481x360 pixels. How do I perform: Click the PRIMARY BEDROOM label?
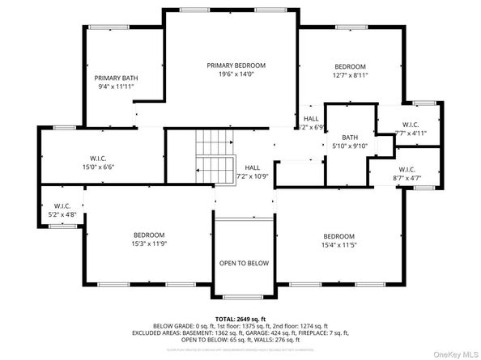[236, 66]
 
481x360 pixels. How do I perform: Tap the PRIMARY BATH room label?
[113, 78]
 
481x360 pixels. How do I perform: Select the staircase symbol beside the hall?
[215, 156]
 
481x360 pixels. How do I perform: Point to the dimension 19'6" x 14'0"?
[236, 74]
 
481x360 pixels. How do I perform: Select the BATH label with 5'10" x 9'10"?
[350, 138]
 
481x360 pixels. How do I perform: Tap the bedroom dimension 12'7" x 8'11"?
[350, 75]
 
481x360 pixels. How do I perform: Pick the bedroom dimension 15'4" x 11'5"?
[338, 245]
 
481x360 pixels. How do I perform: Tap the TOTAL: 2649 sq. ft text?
[240, 319]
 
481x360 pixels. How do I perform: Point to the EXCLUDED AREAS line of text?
[240, 332]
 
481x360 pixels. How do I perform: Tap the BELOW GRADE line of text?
[240, 325]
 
